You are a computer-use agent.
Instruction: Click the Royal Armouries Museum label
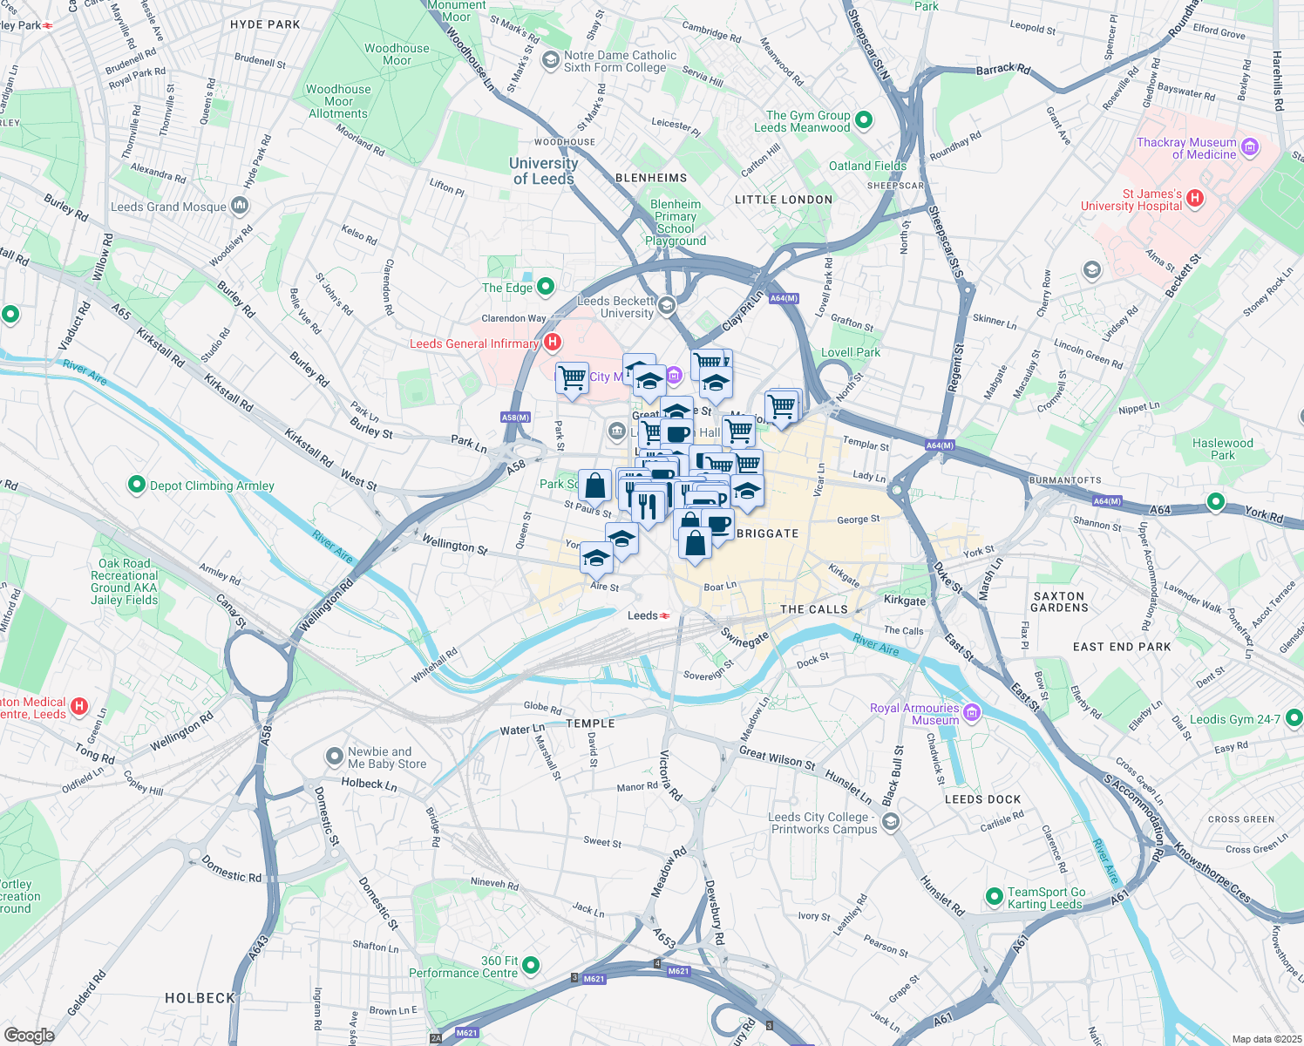pos(914,714)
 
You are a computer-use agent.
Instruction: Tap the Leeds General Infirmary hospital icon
pos(552,343)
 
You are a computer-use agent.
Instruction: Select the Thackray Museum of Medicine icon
pos(1249,147)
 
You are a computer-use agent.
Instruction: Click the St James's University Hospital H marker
pos(1195,199)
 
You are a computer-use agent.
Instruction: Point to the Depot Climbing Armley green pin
pos(136,484)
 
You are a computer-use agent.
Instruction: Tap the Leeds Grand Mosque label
pos(168,207)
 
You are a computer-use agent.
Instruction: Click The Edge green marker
pos(546,286)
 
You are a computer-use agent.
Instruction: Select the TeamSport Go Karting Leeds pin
pos(994,896)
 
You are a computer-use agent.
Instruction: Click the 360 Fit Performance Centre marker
pos(531,965)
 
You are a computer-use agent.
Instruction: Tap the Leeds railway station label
pos(643,615)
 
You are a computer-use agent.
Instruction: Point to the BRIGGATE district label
pos(767,533)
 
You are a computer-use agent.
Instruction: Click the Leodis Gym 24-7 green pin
pos(1294,717)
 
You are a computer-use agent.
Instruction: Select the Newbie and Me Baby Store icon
pos(334,757)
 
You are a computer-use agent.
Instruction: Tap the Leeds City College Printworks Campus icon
pos(890,821)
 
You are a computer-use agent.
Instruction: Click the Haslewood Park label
pos(1222,449)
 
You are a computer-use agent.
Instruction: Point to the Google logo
pos(29,1035)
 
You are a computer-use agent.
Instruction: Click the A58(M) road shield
pos(515,418)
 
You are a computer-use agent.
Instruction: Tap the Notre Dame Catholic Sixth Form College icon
pos(550,60)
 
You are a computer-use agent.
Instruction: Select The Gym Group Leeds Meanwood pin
pos(864,120)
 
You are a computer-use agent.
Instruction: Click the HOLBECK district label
pos(200,998)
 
